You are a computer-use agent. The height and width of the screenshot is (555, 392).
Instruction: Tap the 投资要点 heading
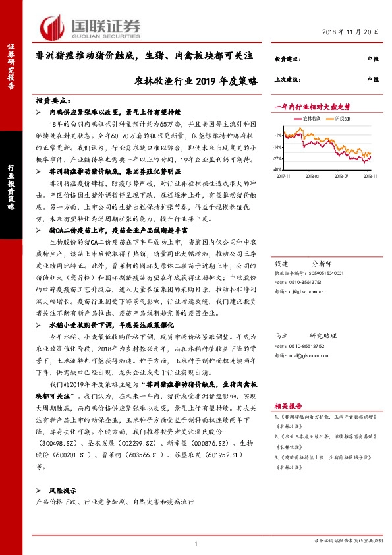53,101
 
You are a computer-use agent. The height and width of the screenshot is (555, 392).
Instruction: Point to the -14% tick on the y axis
279,147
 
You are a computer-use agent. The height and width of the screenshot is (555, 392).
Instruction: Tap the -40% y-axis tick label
279,169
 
